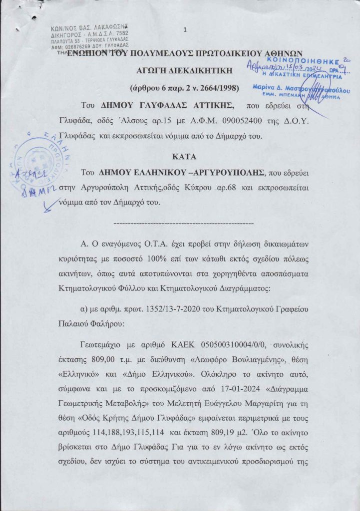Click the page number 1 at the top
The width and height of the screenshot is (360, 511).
(x=185, y=30)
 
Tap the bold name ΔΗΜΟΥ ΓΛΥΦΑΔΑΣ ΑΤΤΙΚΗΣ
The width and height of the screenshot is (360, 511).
(x=150, y=105)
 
